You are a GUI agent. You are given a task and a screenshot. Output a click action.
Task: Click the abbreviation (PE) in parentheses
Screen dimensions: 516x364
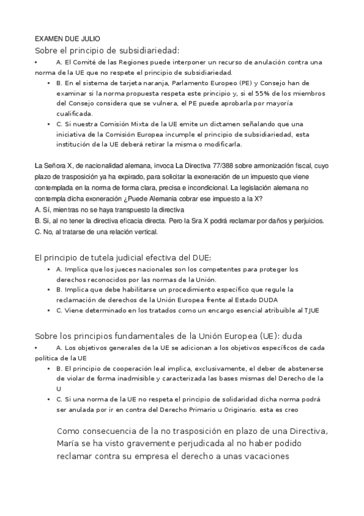[x=226, y=83]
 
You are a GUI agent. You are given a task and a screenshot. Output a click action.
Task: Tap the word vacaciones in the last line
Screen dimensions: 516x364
[x=266, y=456]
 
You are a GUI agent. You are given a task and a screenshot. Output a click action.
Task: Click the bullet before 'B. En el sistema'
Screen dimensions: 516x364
[x=49, y=83]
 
